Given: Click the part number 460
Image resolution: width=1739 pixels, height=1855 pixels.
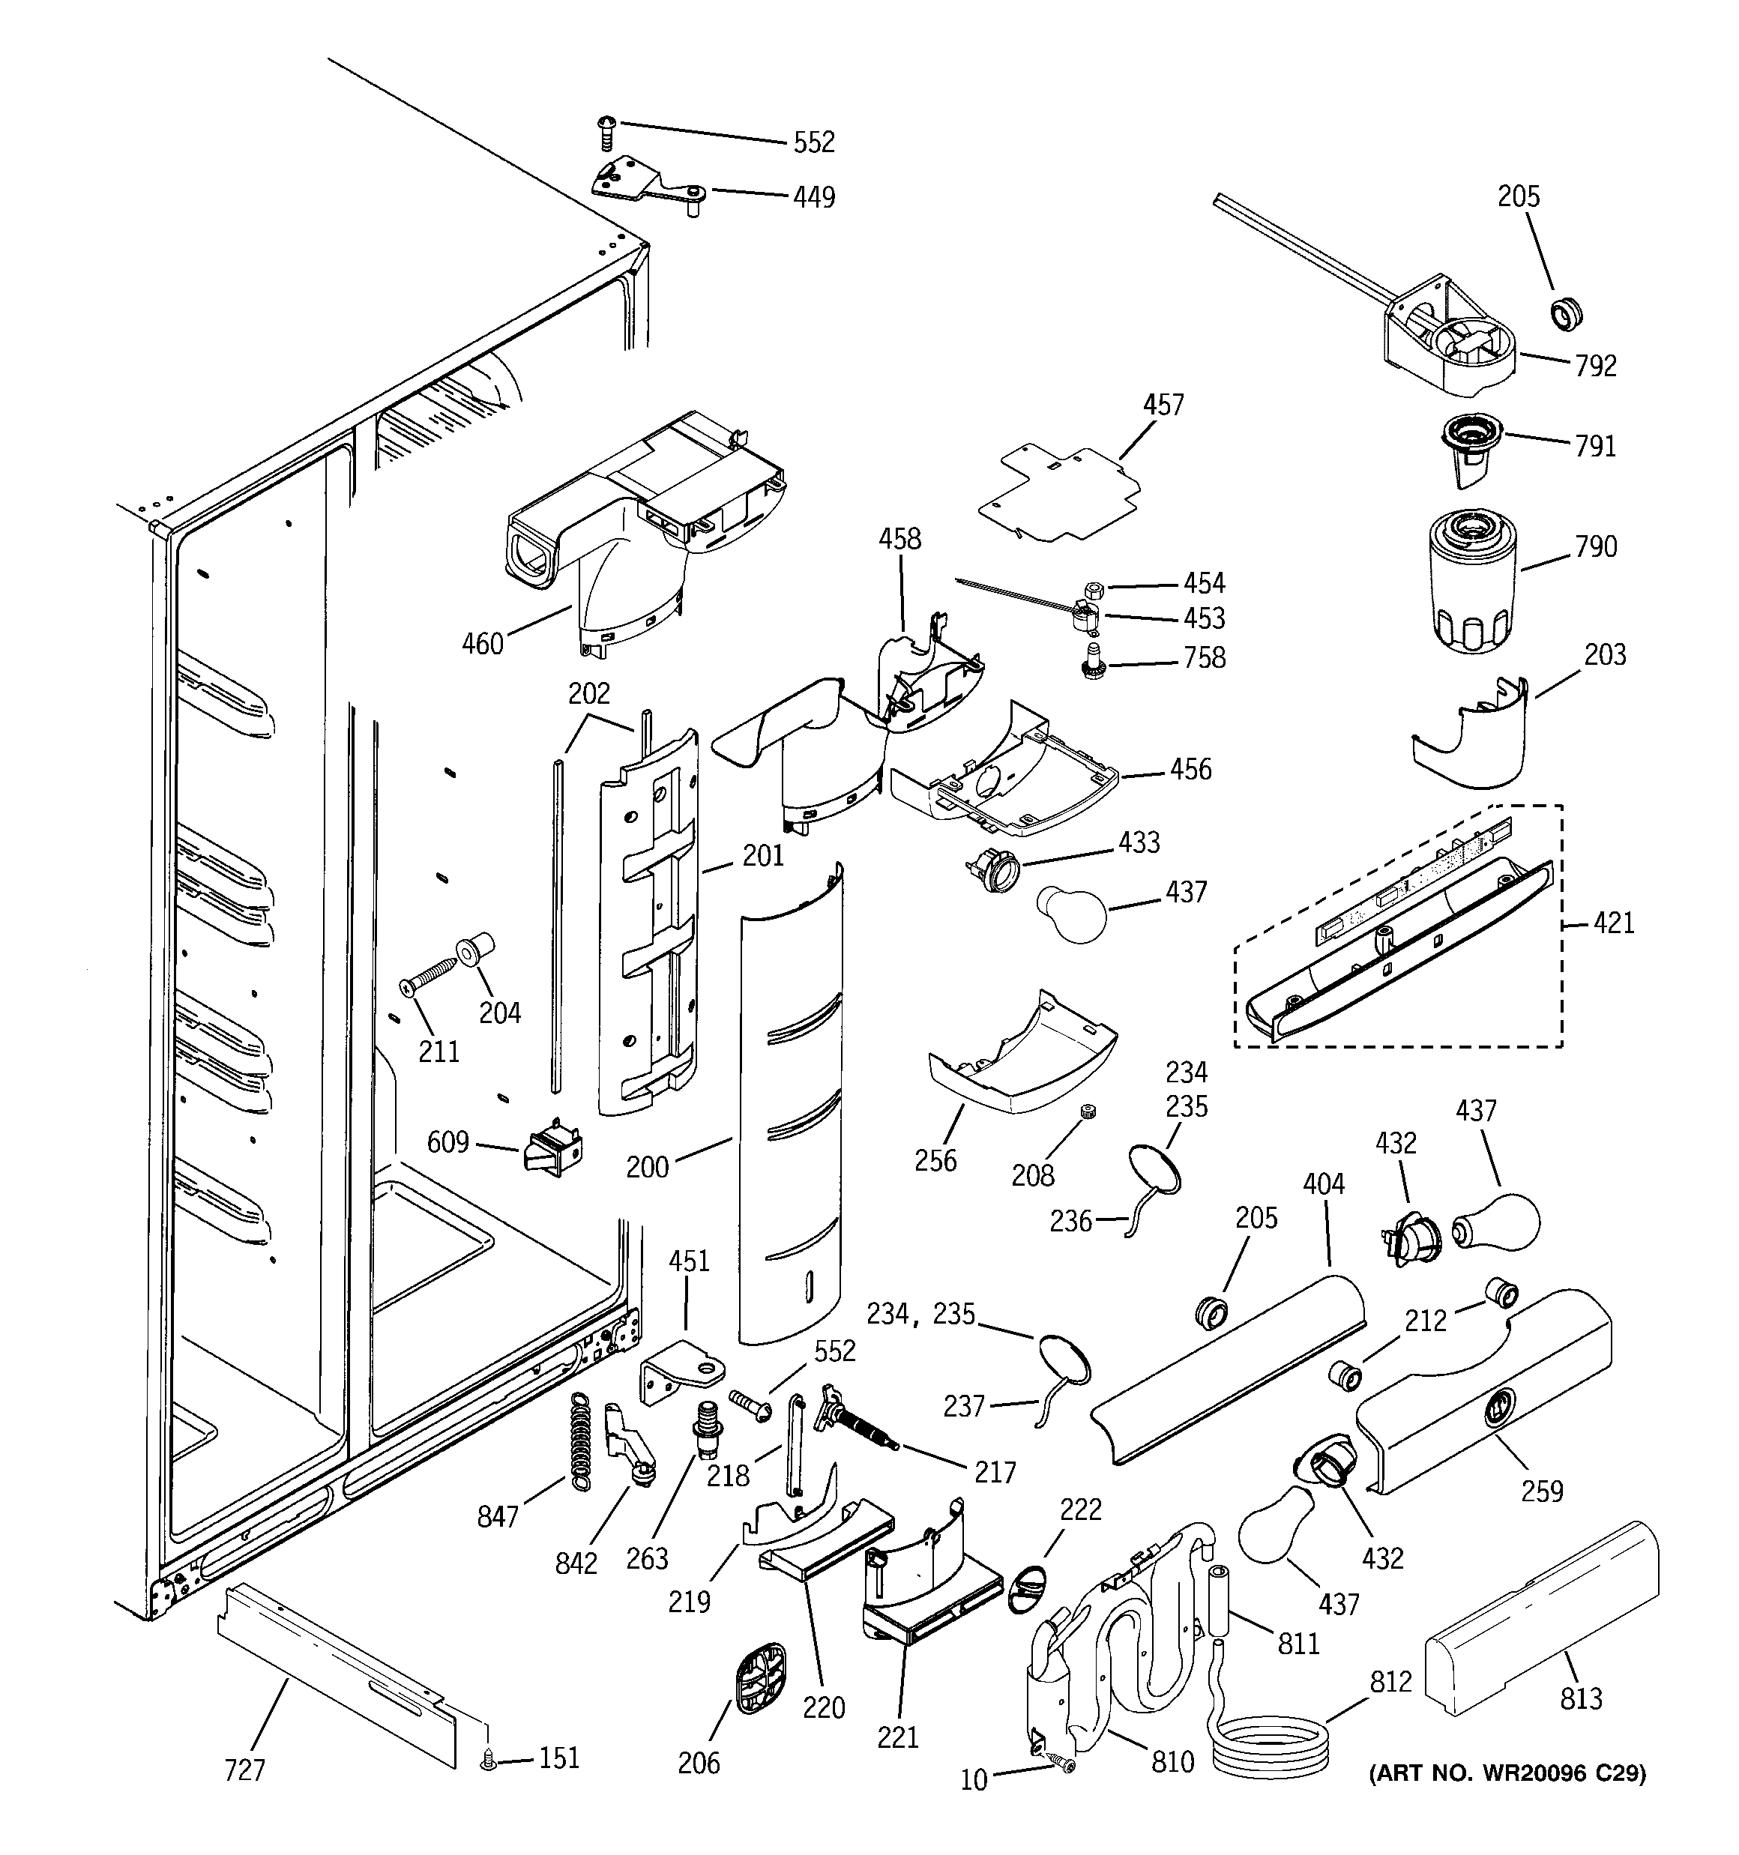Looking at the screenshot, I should (483, 644).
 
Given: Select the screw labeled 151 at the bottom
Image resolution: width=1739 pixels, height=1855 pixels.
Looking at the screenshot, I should (486, 1760).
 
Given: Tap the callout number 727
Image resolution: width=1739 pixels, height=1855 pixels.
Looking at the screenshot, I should (244, 1770).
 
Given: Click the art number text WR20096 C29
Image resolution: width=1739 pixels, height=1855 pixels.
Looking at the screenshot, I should (1507, 1773).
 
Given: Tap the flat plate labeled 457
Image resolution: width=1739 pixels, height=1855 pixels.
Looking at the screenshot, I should (1061, 495).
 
